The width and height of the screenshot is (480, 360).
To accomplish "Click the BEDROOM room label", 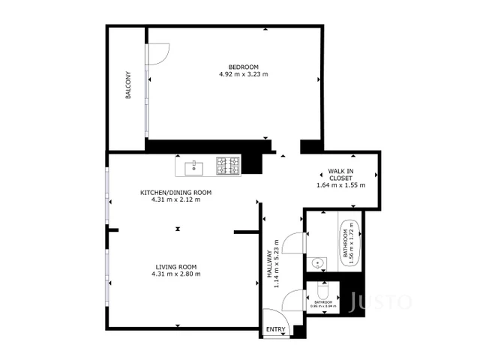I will coord(243,66).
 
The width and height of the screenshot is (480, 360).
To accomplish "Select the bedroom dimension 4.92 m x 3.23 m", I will coord(243,74).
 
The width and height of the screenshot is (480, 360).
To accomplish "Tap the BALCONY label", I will coord(128,85).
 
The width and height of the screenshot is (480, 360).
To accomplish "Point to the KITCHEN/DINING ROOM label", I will coord(176,193).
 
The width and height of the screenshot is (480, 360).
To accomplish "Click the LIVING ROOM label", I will coord(176,266).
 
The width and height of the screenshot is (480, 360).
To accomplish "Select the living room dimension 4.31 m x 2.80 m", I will coord(176,274).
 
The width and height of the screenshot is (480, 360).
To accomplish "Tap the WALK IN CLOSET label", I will coord(340,175).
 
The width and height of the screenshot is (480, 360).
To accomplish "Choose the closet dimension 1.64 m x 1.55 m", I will coord(340,185).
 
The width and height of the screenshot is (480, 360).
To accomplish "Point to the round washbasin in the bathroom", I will coord(318,263).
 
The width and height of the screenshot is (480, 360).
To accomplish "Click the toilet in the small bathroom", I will coord(323,291).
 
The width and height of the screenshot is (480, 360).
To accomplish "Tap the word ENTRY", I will coord(275,330).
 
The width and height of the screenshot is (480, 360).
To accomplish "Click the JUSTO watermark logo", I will coord(380,302).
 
